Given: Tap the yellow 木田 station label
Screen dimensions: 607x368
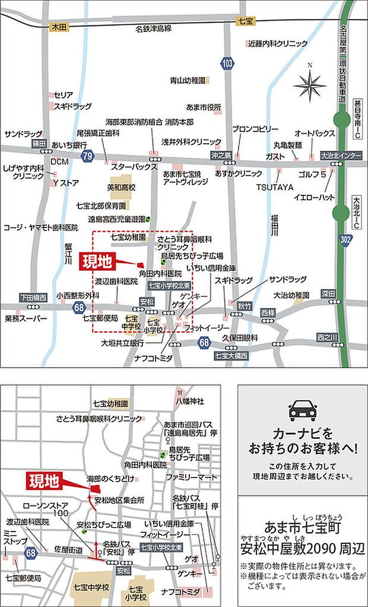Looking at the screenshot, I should [x=59, y=27].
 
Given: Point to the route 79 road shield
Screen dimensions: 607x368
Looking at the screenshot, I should [x=87, y=156].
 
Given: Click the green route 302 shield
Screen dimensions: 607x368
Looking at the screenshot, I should [x=344, y=239].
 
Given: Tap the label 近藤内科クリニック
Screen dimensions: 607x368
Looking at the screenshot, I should [x=278, y=43].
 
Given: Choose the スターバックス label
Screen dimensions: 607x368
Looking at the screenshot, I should [x=134, y=167].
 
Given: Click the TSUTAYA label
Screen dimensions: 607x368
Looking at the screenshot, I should [x=275, y=187].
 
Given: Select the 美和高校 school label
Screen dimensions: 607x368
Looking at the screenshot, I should [x=122, y=186].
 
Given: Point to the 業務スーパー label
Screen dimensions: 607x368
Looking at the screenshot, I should [x=26, y=319].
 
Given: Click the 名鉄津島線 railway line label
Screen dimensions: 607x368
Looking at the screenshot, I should [x=154, y=28].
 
